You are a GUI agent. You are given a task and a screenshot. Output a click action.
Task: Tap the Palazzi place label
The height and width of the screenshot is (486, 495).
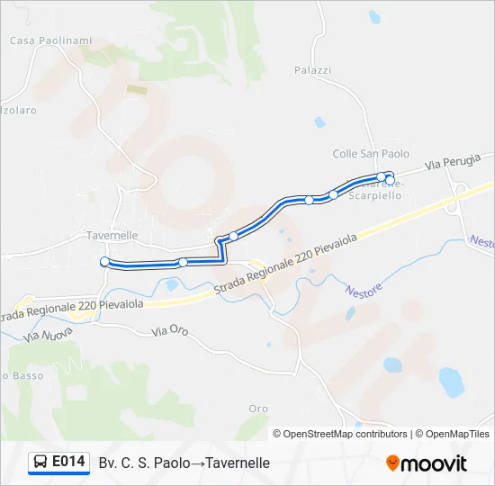(313, 70)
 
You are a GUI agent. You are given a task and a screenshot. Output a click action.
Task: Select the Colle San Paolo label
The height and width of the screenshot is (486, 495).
(371, 154)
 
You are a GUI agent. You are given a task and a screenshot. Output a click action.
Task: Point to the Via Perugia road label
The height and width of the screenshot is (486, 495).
(446, 164)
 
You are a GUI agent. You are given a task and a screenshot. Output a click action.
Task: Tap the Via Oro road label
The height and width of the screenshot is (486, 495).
(170, 331)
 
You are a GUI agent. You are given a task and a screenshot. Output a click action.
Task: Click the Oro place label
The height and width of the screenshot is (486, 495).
(258, 409)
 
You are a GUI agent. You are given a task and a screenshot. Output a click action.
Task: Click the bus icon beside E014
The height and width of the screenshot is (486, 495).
(40, 463)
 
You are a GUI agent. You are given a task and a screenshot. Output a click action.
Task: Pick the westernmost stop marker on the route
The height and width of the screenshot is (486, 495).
(105, 261)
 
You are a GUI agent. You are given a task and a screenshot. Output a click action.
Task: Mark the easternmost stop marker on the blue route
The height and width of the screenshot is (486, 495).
(389, 179)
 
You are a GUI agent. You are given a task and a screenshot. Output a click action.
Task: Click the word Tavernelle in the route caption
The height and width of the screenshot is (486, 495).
(238, 463)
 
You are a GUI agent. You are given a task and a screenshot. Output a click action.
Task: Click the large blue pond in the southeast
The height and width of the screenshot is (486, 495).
(450, 381)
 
